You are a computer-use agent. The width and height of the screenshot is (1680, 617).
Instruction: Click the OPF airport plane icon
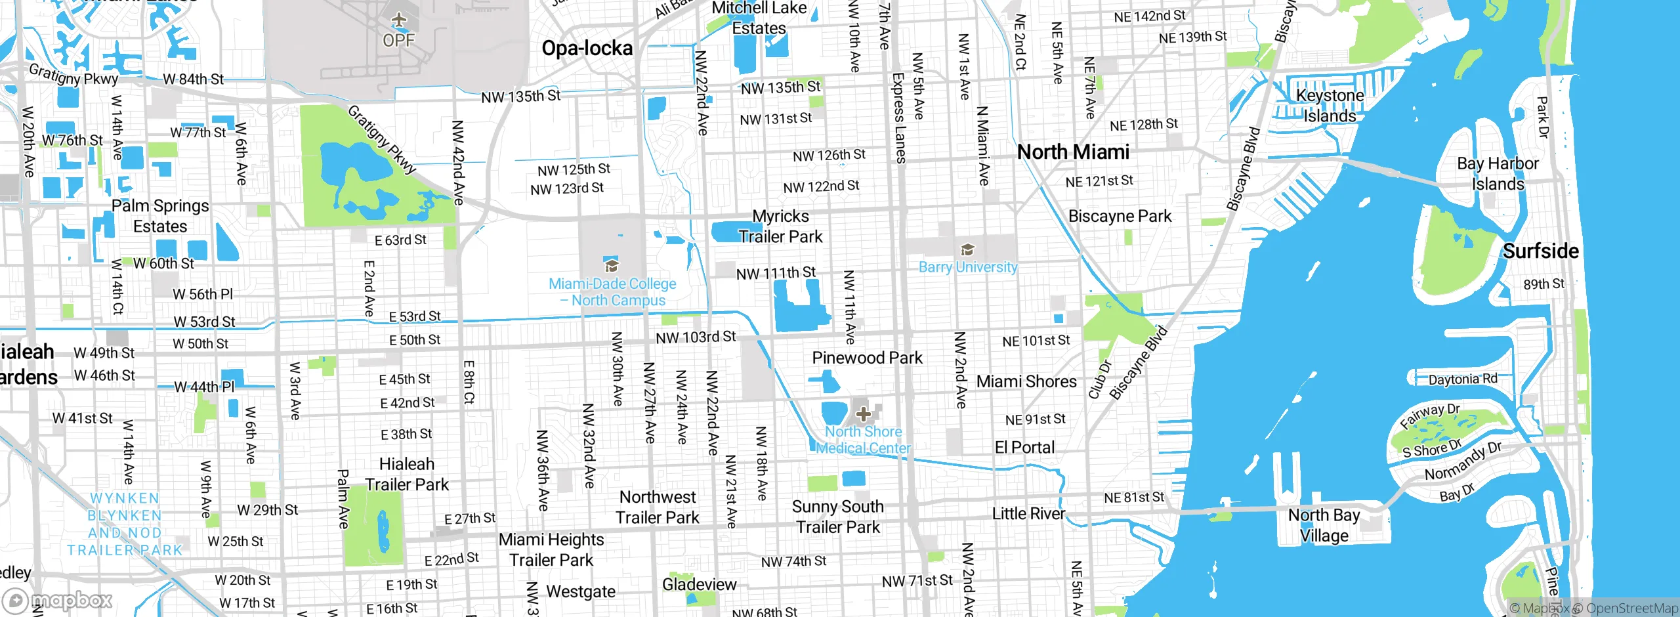[x=399, y=20]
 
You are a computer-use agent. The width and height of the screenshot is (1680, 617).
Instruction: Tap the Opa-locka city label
[x=587, y=48]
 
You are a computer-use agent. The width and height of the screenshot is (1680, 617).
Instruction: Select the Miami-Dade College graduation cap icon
[x=612, y=265]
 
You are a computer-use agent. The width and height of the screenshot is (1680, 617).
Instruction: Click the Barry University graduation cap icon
[x=967, y=250]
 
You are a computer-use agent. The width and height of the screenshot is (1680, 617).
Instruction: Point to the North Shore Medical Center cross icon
[x=864, y=414]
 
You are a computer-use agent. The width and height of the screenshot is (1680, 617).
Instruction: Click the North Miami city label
[x=1073, y=152]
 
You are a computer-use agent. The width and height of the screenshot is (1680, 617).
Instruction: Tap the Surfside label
[x=1540, y=251]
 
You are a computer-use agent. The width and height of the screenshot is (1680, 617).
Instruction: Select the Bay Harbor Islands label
[x=1498, y=173]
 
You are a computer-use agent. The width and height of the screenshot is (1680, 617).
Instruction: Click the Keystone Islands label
[x=1330, y=105]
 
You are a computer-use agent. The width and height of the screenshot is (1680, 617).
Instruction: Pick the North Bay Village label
[x=1324, y=525]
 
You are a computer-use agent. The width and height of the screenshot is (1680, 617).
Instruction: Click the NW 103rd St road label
[x=696, y=337]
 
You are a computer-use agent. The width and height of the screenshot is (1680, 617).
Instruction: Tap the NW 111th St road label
[x=776, y=272]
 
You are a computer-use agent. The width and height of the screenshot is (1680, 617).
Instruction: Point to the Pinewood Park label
[x=867, y=358]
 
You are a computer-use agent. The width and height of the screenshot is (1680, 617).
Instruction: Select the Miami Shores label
[x=1026, y=381]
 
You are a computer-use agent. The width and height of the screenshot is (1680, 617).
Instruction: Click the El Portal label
[x=1024, y=448]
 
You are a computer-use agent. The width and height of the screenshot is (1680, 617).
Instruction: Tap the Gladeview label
[x=699, y=584]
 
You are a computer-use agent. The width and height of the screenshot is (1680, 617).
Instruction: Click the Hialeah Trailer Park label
[x=407, y=474]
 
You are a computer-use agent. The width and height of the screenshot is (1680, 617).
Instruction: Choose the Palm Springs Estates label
[x=160, y=216]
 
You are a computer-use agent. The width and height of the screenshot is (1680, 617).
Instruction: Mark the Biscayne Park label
[x=1120, y=216]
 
